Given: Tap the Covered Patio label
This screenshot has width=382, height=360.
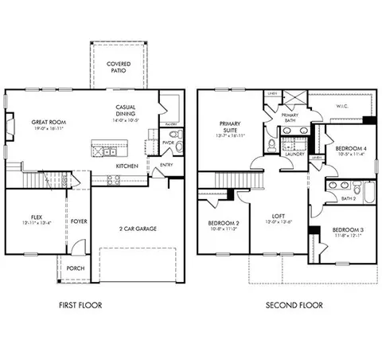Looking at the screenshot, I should pos(119,65).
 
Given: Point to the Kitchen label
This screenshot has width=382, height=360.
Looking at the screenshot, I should pos(127,166).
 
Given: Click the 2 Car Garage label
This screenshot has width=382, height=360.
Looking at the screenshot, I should pos(138,229).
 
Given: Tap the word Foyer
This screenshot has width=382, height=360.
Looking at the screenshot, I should pos(79,221).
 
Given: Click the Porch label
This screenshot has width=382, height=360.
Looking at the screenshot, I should pos(76,268).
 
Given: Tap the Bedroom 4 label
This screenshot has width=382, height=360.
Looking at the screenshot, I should pos(349,149).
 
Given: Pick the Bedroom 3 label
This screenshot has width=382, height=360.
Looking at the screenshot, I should pos(347,230).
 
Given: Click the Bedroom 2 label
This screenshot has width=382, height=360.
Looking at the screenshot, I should pos(223,223).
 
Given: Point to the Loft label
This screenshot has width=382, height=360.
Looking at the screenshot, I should pos(276,215).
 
